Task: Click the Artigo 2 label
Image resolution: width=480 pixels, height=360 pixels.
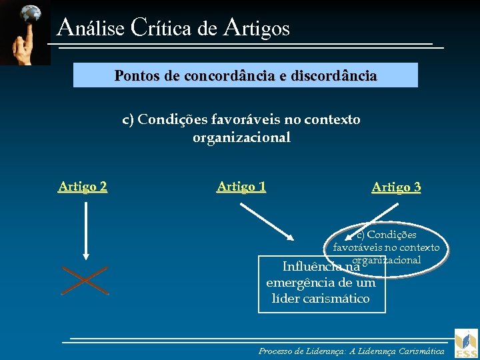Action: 83,187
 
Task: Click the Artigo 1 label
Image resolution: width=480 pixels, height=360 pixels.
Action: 241,187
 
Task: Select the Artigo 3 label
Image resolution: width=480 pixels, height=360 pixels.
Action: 396,187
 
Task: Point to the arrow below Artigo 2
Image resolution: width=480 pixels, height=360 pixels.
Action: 85,230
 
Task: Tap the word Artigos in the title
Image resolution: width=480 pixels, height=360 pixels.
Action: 257,27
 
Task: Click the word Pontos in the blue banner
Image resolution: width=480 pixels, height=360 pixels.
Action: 137,75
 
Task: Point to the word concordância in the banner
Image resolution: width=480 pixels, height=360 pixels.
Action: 220,75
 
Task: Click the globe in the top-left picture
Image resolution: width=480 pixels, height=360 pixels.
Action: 29,14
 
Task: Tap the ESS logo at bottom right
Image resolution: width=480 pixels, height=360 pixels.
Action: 466,343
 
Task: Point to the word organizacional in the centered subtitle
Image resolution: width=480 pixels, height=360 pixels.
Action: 241,138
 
